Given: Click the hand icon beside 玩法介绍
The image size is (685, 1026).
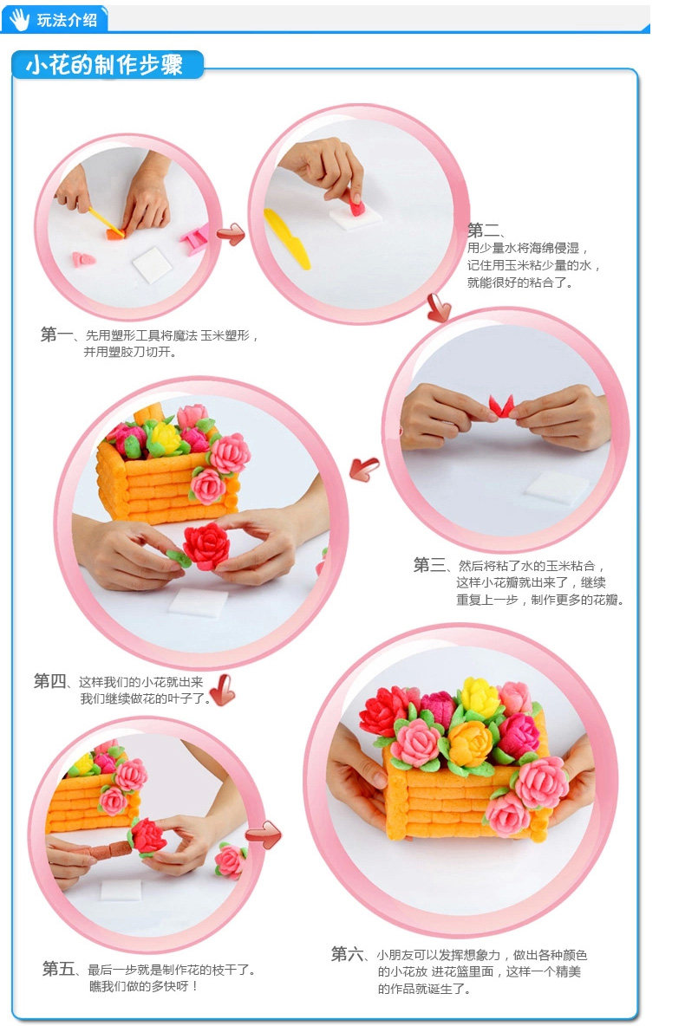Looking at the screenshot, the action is pos(19,18).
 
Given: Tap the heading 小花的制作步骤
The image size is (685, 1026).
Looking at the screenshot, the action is pos(104,66).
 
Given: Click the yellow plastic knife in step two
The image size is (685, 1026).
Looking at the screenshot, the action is pos(286,238).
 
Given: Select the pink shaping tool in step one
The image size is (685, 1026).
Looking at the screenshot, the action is pos(195,238).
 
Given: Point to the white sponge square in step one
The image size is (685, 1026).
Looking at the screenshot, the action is pos(152,264).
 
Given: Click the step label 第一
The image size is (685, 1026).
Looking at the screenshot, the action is pos(57,334).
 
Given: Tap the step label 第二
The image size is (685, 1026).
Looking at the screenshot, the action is pos(483,231).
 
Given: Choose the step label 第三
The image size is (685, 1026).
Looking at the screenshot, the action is pos(429,565).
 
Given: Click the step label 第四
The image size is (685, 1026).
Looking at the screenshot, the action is pos(49,681).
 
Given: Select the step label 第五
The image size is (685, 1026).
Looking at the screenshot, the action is pos(58,969).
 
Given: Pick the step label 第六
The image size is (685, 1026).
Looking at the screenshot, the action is pos(347,954).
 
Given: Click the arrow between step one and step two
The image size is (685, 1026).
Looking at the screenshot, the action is pos(231,234).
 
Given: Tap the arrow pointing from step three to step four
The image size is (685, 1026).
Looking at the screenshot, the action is pos(364,469).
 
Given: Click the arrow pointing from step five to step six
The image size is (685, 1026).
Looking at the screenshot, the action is pos(264,834).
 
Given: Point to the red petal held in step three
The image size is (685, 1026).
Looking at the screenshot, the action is pos(502,406).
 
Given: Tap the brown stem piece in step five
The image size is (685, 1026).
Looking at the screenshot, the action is pos(110,850).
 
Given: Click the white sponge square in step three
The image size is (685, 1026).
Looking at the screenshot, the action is pos(557,488).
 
